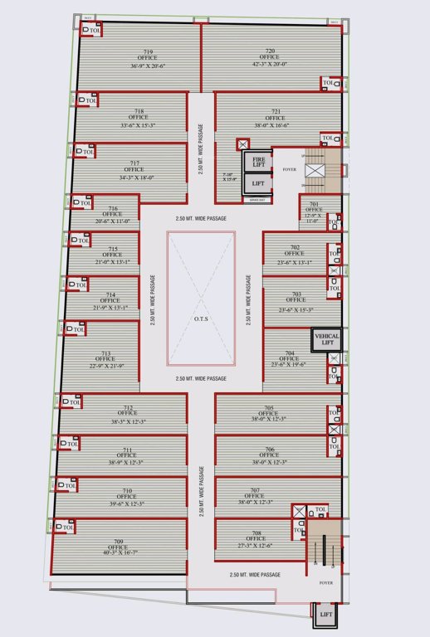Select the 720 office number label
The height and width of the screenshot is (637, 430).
270,50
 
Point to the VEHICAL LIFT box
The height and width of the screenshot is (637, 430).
325,338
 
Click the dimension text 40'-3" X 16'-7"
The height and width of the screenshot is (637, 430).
117,554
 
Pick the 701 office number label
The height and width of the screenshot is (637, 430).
315,204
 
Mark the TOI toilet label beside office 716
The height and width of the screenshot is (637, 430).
85,202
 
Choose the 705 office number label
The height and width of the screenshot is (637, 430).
269,407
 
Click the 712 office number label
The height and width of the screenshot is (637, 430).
127,406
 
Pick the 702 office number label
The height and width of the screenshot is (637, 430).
295,247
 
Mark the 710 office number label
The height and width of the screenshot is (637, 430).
127,490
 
